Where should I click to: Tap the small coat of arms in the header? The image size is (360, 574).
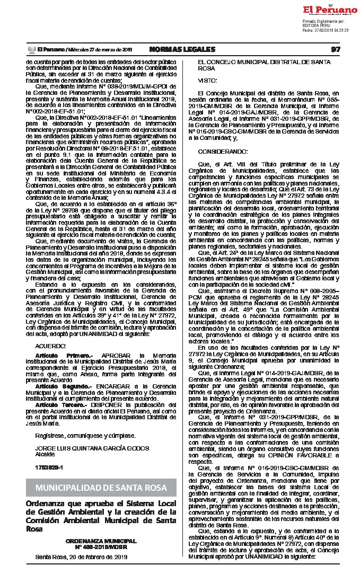pos(30,49)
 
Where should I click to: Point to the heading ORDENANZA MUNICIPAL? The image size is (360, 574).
pos(101,541)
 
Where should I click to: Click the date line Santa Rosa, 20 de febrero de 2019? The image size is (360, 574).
pos(81,557)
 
